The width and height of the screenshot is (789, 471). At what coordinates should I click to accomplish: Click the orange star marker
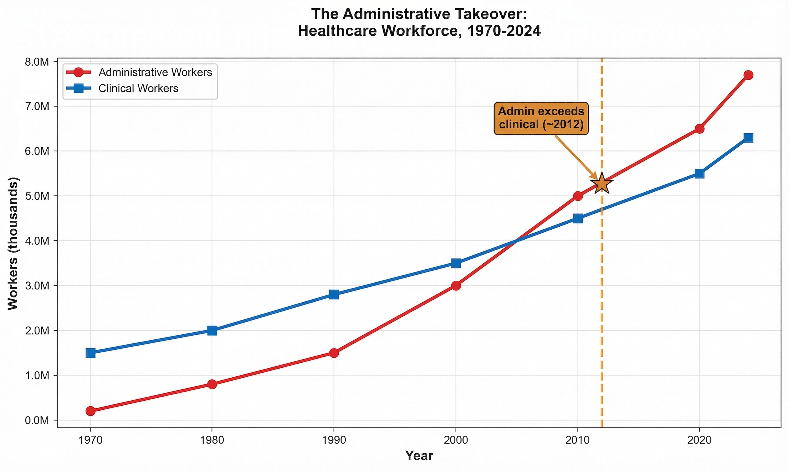(x=601, y=184)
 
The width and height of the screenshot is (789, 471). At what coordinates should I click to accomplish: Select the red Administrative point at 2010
(x=578, y=196)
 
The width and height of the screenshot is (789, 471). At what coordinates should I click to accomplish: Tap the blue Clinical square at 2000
(x=456, y=263)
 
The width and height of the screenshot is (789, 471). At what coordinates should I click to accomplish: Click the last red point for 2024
(x=748, y=75)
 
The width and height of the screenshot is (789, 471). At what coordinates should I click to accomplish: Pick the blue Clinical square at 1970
(x=90, y=353)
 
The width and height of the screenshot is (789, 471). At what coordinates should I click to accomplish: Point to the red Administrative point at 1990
(x=334, y=353)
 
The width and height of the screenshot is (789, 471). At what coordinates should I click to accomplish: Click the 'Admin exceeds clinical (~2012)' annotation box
(x=541, y=118)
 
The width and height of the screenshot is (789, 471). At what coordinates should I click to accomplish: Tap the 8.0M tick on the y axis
(x=37, y=62)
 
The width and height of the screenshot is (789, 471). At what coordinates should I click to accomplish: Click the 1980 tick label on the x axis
(x=212, y=440)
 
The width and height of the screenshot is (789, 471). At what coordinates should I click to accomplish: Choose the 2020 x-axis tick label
(x=699, y=440)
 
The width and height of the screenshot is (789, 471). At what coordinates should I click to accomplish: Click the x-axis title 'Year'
(x=419, y=456)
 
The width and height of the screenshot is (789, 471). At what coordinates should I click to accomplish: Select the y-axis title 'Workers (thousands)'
(x=13, y=243)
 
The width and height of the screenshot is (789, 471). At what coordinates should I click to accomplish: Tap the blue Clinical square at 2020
(x=699, y=174)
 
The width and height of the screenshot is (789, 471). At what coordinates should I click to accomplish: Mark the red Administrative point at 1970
(x=90, y=411)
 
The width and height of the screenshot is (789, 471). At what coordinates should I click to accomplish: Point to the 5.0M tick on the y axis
(x=37, y=196)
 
